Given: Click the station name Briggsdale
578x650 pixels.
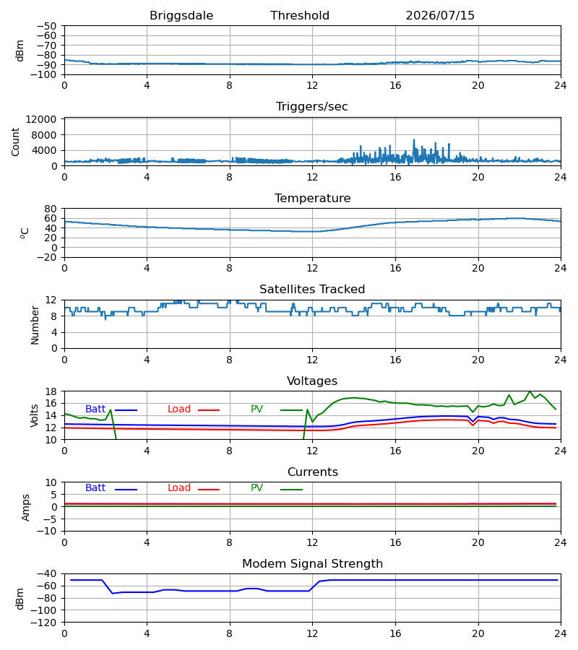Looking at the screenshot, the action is (x=181, y=15).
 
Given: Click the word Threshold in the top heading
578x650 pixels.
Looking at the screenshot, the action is (x=300, y=15).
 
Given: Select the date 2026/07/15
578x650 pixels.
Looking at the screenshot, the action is (x=440, y=15).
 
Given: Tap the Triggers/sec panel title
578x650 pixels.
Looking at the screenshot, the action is (x=312, y=107).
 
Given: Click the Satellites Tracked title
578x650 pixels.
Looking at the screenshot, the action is (x=312, y=289).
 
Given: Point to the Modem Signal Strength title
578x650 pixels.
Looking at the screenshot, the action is (x=312, y=564).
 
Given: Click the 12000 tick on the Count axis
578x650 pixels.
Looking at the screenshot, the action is (x=41, y=119).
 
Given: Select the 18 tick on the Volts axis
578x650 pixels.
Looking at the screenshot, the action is (x=51, y=391).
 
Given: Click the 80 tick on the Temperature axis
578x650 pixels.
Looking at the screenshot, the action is (x=51, y=209).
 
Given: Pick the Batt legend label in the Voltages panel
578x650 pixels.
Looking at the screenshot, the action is (x=95, y=409).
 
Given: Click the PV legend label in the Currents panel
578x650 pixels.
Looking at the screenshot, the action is (x=256, y=488).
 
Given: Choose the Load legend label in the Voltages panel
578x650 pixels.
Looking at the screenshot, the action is (x=179, y=409).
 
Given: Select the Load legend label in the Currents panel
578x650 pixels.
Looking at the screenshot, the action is (x=179, y=488).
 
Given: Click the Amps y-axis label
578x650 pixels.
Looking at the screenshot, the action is (x=26, y=507).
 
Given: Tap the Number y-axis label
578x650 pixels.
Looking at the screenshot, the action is (x=35, y=325).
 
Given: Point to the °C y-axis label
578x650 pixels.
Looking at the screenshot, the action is (x=25, y=233).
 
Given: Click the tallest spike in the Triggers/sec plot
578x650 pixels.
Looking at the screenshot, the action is (x=414, y=140).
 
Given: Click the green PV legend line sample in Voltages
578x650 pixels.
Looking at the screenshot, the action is (x=291, y=410).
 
